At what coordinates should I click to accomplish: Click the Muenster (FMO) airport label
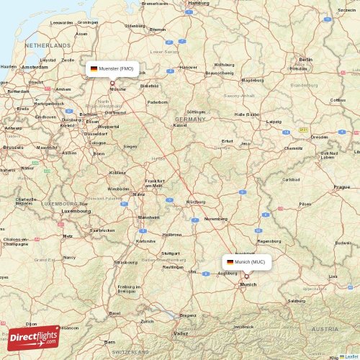115,68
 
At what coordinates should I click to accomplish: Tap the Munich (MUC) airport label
249,262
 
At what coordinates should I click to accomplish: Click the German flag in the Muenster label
94,68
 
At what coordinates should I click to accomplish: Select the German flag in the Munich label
230,262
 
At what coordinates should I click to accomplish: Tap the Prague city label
341,186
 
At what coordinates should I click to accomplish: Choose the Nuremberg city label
215,218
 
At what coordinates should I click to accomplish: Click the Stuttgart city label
171,253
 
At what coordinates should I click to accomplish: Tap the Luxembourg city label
76,211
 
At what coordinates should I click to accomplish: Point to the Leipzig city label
274,122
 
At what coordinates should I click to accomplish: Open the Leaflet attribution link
350,356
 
